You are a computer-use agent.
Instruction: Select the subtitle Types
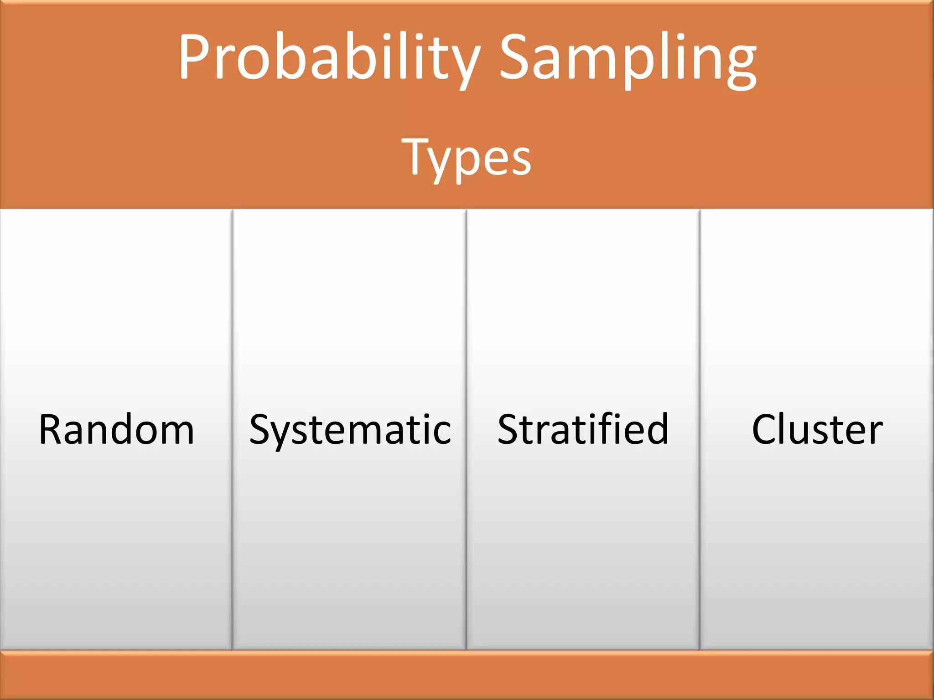(467, 157)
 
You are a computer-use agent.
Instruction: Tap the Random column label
(117, 429)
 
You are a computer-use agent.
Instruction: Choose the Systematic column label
(350, 430)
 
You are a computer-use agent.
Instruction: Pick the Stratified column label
(583, 429)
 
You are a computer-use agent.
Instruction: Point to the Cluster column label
(817, 429)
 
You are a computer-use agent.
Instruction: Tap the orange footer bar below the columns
(467, 675)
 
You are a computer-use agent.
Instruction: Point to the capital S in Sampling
(517, 57)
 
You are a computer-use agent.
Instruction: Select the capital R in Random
(51, 429)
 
